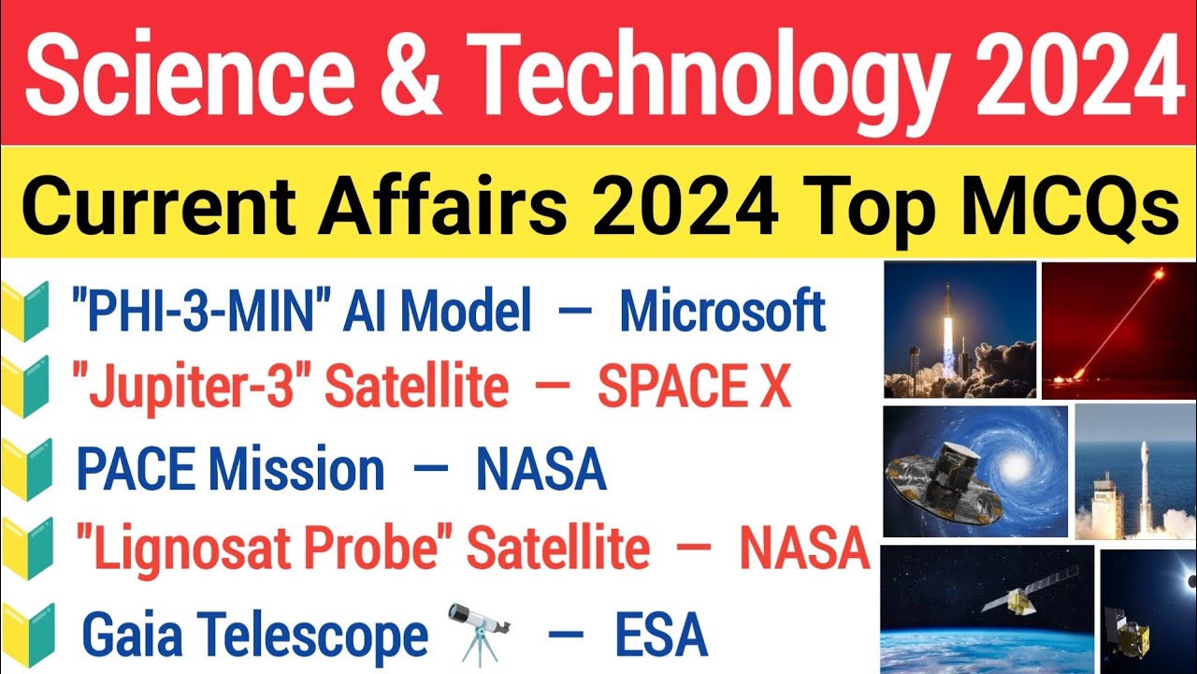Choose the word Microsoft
[x=723, y=312]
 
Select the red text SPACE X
[x=694, y=388]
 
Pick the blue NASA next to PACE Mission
[x=541, y=470]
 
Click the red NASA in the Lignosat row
[x=805, y=549]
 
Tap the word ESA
[x=660, y=637]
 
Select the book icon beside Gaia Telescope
[x=28, y=634]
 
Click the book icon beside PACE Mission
[x=28, y=470]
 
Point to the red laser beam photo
[x=1118, y=330]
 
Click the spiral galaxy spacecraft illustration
[x=974, y=471]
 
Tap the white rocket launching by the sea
[x=1135, y=472]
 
